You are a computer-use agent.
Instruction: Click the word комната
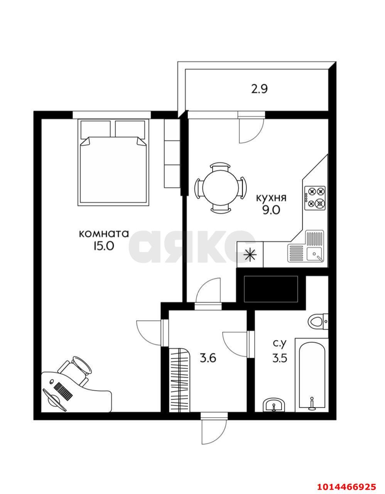tap(104, 234)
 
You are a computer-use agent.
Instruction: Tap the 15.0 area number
tap(103, 246)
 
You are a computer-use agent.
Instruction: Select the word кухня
tap(271, 198)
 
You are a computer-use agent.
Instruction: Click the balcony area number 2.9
tap(259, 89)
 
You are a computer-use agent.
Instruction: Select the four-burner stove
tap(315, 198)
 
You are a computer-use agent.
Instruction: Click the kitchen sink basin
tap(314, 254)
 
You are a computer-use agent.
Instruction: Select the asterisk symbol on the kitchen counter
tap(250, 255)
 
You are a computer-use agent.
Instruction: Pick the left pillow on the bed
tap(96, 129)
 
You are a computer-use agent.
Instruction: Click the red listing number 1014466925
tap(346, 485)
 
